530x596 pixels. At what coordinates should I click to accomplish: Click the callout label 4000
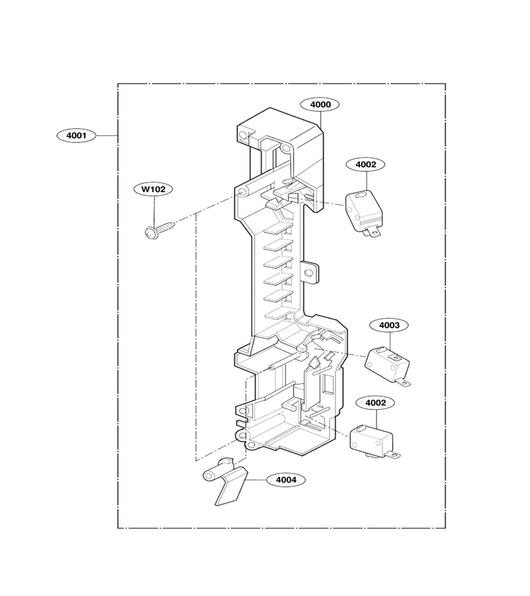click(x=320, y=105)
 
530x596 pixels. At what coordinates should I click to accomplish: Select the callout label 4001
click(x=76, y=135)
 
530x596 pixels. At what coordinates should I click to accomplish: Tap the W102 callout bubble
click(x=153, y=189)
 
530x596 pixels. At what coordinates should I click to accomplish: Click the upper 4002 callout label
click(x=366, y=164)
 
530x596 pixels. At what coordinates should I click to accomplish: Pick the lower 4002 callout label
click(x=376, y=403)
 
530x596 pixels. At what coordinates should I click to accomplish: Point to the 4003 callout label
click(x=390, y=325)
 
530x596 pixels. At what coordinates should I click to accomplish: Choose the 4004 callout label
click(x=286, y=479)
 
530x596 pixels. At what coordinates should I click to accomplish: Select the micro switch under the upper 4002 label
click(x=364, y=213)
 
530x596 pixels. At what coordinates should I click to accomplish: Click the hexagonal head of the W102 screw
click(x=150, y=233)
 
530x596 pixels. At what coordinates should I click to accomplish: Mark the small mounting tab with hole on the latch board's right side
click(x=309, y=272)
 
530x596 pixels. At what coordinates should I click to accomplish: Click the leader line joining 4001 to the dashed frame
click(x=107, y=135)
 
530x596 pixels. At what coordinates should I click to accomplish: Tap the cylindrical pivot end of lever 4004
click(x=210, y=475)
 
